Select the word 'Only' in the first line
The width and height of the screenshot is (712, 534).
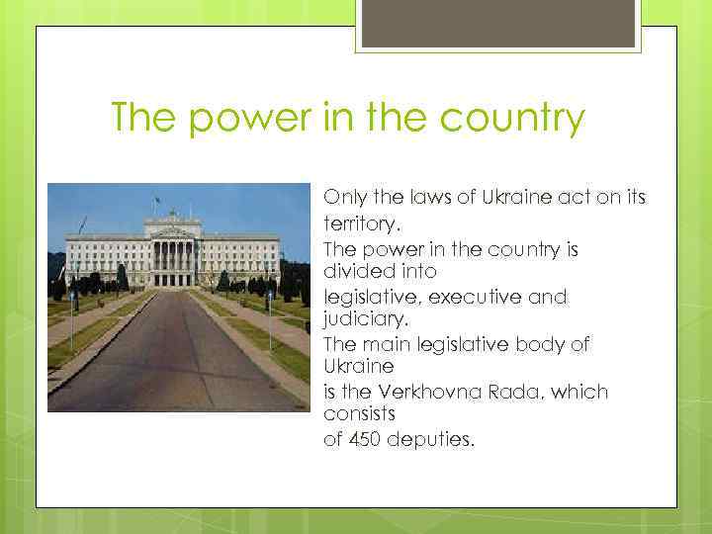[x=344, y=198]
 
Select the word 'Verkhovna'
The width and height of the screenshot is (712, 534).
[x=416, y=392]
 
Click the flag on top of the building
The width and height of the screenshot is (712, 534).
[x=158, y=201]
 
